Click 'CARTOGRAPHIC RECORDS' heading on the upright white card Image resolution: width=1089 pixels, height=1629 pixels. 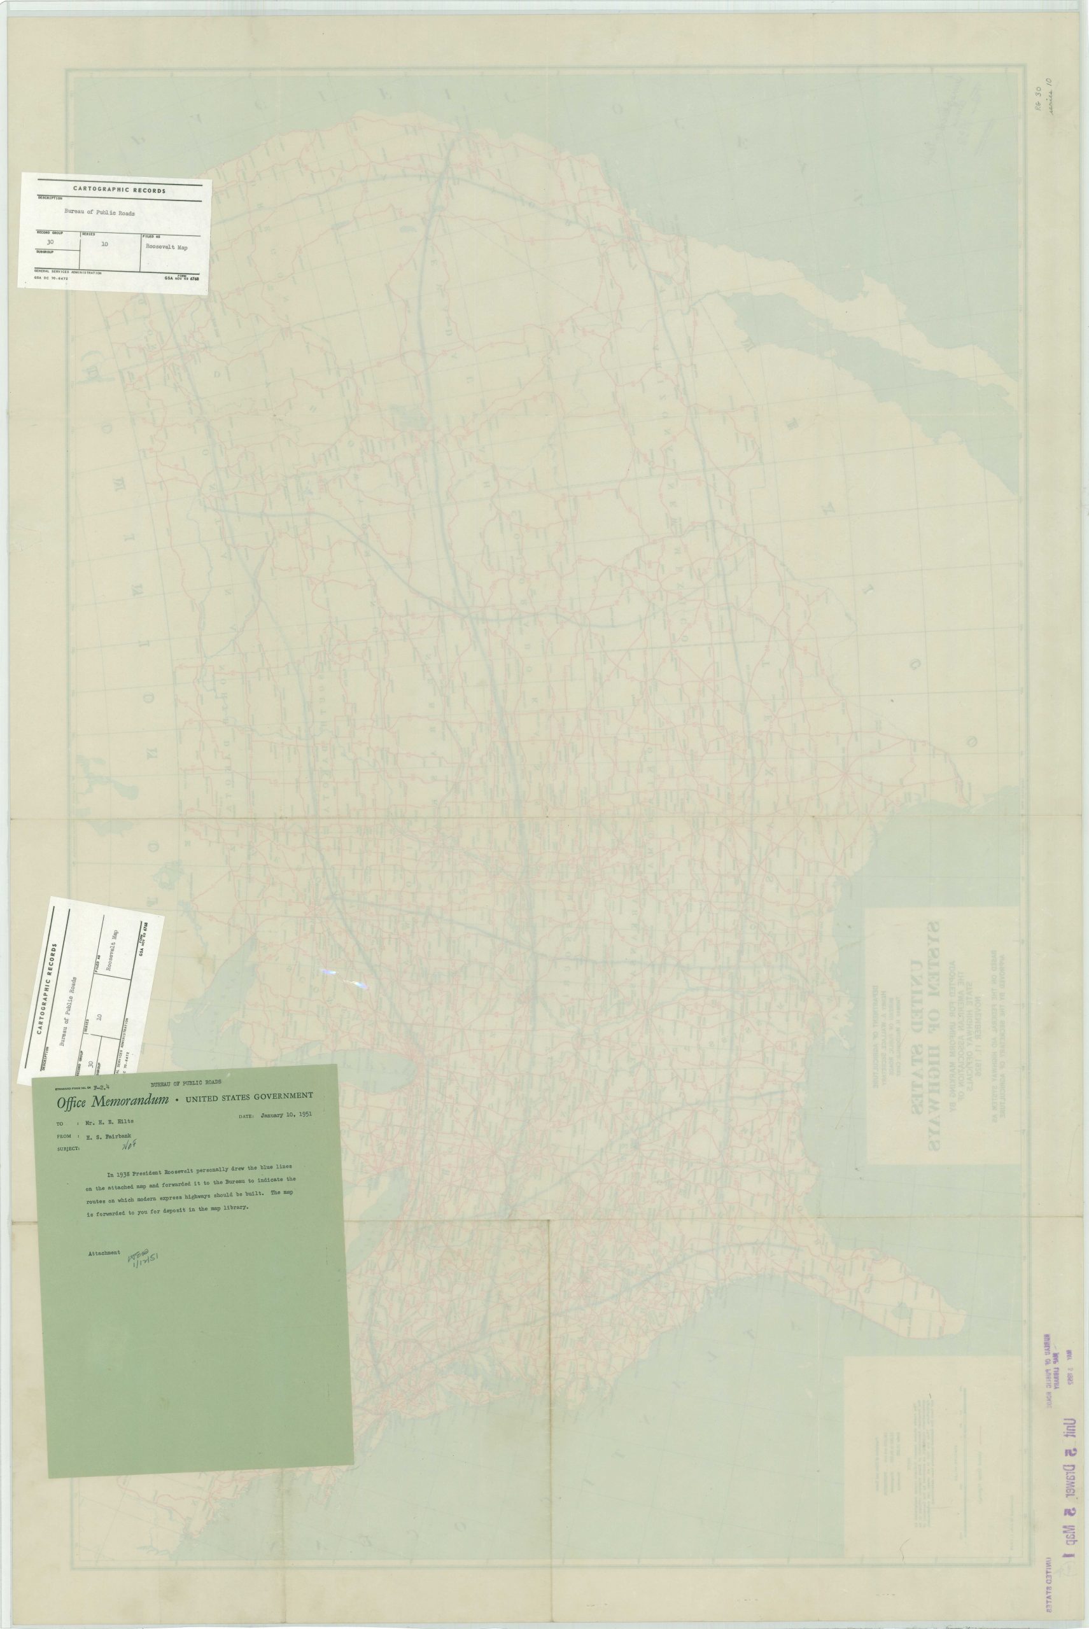120,190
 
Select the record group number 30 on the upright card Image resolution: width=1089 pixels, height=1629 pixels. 49,242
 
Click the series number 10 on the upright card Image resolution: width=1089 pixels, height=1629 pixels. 105,244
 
